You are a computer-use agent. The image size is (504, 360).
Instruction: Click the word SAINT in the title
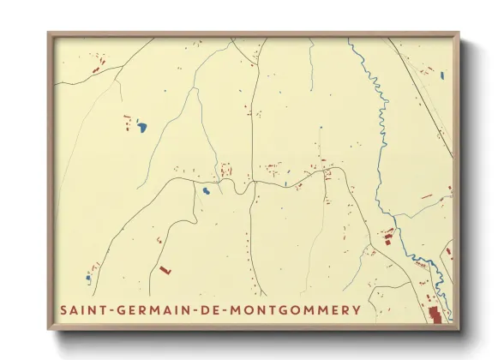click(x=83, y=309)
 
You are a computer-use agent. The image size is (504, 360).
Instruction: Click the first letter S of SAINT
click(x=64, y=309)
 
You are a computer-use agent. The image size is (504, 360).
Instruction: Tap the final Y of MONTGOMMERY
click(x=357, y=309)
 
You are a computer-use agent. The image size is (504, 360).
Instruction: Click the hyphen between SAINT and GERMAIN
click(x=108, y=309)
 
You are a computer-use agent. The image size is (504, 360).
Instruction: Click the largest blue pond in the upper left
click(x=141, y=128)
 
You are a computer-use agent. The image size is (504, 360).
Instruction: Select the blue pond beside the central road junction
click(x=206, y=190)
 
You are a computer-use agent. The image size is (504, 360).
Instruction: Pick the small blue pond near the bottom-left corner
click(x=87, y=278)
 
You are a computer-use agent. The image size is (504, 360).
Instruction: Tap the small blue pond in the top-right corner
click(x=441, y=75)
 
